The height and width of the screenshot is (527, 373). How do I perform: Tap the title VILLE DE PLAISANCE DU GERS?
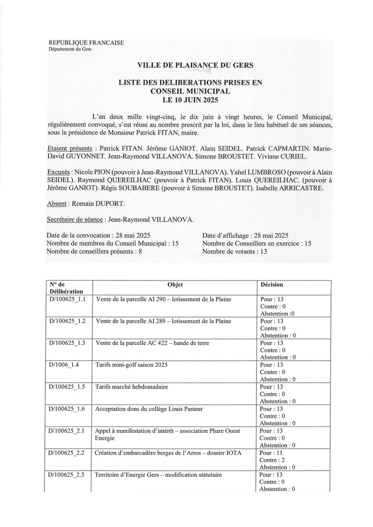tap(185, 66)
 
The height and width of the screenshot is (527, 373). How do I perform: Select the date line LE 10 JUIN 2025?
tap(185, 102)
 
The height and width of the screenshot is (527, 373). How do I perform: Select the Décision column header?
tap(272, 285)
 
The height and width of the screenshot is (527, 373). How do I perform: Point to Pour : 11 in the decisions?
tap(271, 453)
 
